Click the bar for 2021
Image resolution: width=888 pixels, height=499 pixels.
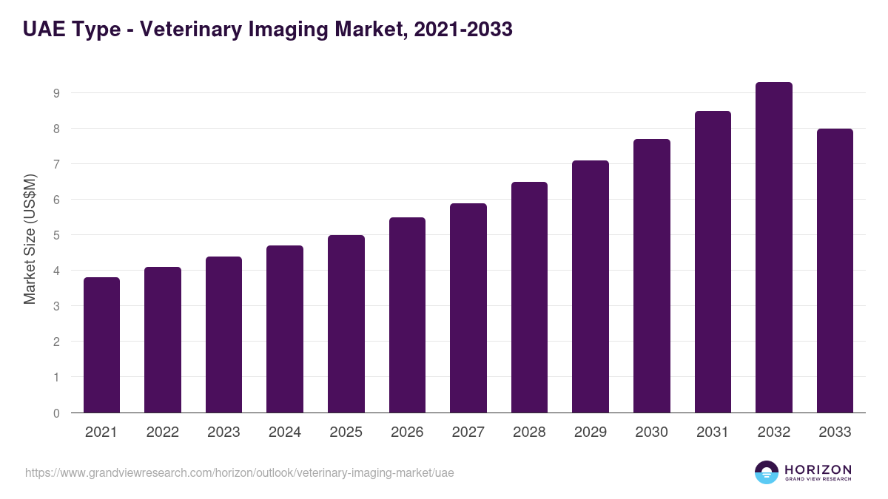tap(101, 344)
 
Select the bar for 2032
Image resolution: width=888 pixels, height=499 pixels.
tap(773, 247)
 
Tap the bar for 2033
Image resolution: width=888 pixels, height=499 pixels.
tap(835, 271)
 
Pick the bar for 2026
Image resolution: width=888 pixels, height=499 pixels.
tap(407, 315)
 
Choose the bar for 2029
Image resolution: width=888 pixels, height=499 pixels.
tap(591, 286)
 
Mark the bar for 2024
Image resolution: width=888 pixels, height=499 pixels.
tap(285, 329)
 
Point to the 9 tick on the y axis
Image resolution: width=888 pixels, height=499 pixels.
tap(56, 93)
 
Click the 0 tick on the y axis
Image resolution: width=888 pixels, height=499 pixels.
tap(56, 413)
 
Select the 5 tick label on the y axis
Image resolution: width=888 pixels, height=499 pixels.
tap(56, 235)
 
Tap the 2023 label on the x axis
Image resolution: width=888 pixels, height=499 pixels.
tap(223, 432)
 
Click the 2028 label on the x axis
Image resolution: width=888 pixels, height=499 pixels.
tap(529, 432)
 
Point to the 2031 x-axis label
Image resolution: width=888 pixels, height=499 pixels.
tap(713, 432)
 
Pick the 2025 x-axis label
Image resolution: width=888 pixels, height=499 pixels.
tap(346, 432)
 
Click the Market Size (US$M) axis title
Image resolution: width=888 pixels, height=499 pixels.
tap(30, 240)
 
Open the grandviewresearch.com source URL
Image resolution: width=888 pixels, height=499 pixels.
tap(240, 472)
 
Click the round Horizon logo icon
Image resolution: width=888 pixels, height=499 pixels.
tap(767, 472)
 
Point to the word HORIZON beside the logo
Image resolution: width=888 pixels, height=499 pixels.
tap(818, 469)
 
